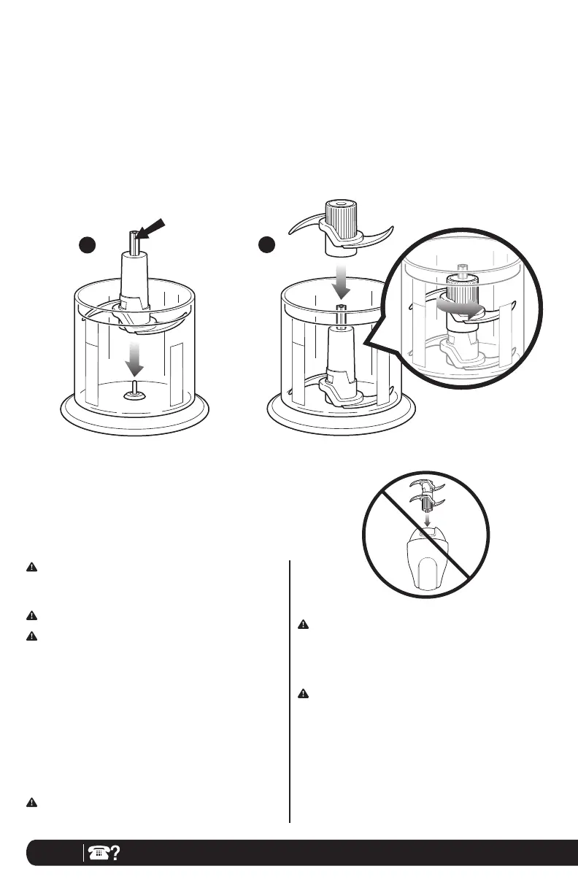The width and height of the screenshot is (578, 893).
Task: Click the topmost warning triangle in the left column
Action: click(32, 566)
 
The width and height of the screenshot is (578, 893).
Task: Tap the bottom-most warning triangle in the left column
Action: click(32, 802)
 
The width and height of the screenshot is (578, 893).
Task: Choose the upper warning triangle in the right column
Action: click(303, 625)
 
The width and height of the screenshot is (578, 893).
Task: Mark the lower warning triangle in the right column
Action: click(303, 693)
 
